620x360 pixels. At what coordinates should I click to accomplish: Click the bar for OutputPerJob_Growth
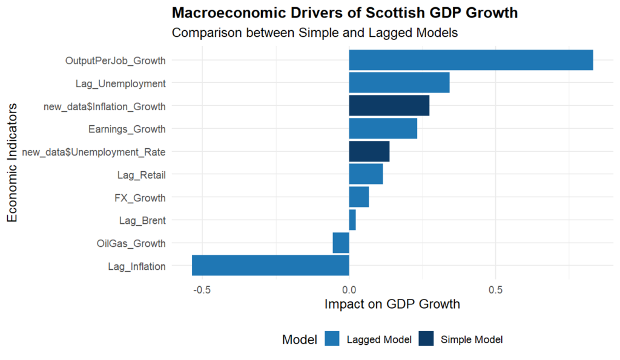pos(471,61)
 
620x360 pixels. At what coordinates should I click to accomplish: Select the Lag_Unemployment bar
pos(399,83)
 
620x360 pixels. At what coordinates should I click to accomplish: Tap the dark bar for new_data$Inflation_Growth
pos(389,106)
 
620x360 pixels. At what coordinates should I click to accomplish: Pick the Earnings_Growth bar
pos(383,129)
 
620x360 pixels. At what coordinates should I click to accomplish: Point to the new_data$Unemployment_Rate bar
pos(369,152)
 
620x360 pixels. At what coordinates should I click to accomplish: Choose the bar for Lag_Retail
pos(366,175)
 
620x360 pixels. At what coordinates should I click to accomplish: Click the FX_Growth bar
pos(359,197)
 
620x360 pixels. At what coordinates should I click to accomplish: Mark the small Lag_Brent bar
pos(352,220)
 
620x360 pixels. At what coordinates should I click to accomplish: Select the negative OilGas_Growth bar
pos(341,243)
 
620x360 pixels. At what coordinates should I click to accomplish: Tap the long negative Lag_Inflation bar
pos(271,266)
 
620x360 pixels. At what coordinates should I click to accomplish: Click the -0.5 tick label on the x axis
pos(201,289)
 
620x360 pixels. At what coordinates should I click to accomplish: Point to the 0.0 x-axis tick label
pos(349,289)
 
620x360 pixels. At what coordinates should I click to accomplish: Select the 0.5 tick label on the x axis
pos(496,289)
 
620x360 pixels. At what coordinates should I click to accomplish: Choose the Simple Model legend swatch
pos(427,339)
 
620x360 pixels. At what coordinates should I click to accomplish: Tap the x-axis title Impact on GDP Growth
pos(392,304)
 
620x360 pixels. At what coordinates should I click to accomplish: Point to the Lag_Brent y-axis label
pos(142,221)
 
